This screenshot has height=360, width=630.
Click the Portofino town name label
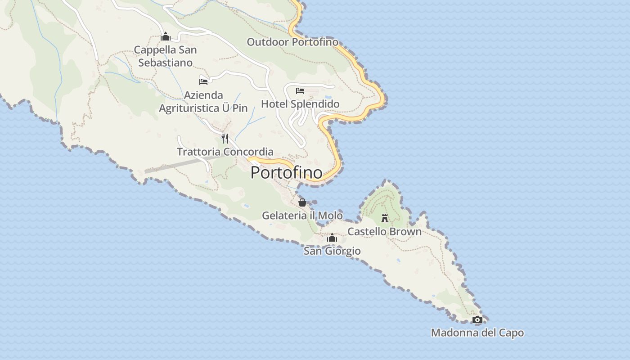coord(286,172)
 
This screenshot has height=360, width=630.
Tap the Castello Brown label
coord(384,232)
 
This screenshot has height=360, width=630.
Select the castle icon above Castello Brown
coord(385,218)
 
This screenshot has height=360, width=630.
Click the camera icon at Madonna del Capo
coord(477,320)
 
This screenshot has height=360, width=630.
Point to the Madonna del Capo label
coord(477,333)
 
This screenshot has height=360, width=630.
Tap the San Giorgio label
coord(332,251)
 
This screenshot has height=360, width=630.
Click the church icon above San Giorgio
coord(332,238)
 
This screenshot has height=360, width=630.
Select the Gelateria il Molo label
coord(302,216)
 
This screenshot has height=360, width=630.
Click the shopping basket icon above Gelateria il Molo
coord(302,202)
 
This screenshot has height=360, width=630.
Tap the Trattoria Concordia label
coord(225,152)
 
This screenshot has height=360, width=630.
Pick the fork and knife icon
coord(225,138)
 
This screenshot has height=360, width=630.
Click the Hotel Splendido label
coord(300,104)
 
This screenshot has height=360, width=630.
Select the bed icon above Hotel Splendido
coord(300,91)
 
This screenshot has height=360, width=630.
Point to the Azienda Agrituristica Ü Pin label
coord(203,102)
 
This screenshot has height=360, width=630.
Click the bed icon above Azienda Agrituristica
coord(203,81)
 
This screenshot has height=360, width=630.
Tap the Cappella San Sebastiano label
coord(166,56)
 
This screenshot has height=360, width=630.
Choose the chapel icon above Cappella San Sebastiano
coord(166,36)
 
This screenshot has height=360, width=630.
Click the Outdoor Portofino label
coord(292,42)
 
